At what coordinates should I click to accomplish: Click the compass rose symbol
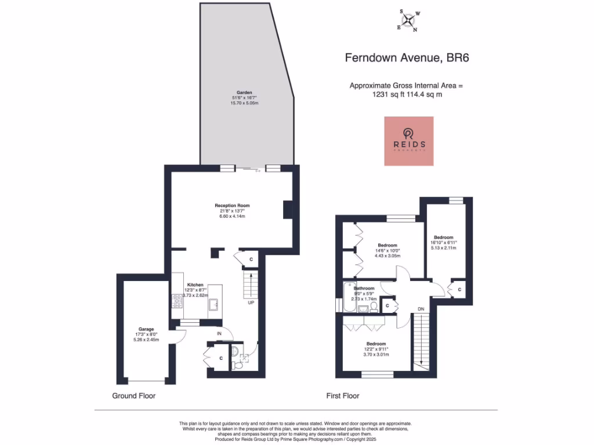(410, 21)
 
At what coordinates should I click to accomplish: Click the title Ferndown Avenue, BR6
(407, 57)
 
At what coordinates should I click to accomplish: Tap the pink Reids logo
(409, 141)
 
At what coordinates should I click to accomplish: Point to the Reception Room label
(232, 211)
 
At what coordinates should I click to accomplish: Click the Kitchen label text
(195, 284)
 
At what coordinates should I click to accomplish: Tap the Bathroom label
(364, 288)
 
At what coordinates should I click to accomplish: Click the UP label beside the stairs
(251, 302)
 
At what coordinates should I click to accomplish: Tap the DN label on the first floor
(421, 309)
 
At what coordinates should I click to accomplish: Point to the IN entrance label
(219, 334)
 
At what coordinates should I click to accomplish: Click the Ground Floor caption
(133, 396)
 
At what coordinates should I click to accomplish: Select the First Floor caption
(342, 396)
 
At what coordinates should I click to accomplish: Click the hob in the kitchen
(177, 300)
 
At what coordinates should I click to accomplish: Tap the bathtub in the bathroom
(349, 297)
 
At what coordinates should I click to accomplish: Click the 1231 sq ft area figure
(388, 95)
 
